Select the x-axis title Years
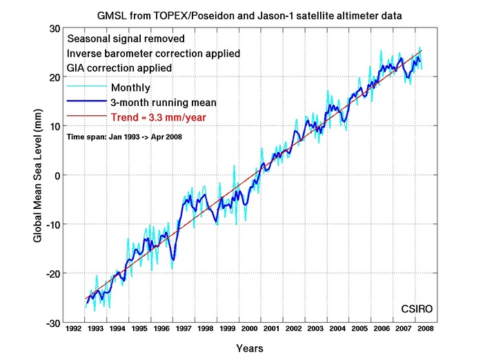pos(249,348)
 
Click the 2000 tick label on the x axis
pos(249,329)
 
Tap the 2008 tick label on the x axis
pos(425,329)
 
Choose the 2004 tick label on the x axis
pos(337,329)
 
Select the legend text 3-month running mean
pos(164,103)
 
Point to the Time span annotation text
pos(124,137)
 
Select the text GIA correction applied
pos(118,68)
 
